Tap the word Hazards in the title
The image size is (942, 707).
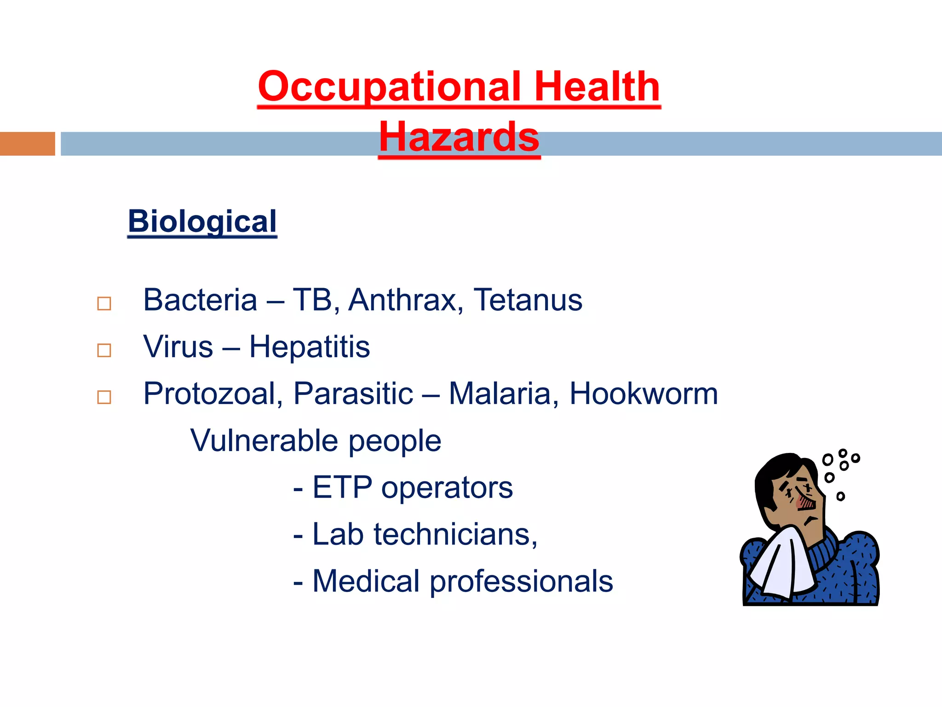pos(459,137)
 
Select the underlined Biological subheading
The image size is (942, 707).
pos(202,221)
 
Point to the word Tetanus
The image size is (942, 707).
pos(528,300)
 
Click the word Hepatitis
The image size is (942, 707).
pos(310,347)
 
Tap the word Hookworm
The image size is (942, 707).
pos(643,394)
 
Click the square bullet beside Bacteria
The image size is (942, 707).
pos(104,304)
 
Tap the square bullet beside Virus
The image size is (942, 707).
pos(104,350)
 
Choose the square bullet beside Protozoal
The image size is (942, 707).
pos(104,397)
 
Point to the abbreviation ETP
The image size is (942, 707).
pos(342,487)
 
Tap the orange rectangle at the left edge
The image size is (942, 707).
pos(27,144)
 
